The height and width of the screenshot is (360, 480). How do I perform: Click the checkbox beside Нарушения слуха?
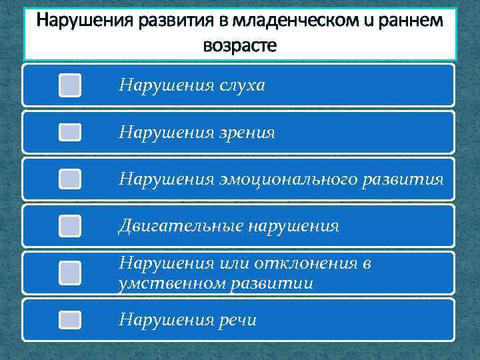coord(70,85)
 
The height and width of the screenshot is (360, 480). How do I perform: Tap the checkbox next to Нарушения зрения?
coord(70,133)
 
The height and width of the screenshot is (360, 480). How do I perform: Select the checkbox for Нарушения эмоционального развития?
coord(70,179)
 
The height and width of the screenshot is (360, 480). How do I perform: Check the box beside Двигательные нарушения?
coord(70,226)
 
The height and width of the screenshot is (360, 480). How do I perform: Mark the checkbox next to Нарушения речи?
coord(70,321)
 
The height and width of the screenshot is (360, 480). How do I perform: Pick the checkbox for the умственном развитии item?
coord(70,273)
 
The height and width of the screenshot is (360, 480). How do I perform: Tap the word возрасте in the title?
coord(239,47)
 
